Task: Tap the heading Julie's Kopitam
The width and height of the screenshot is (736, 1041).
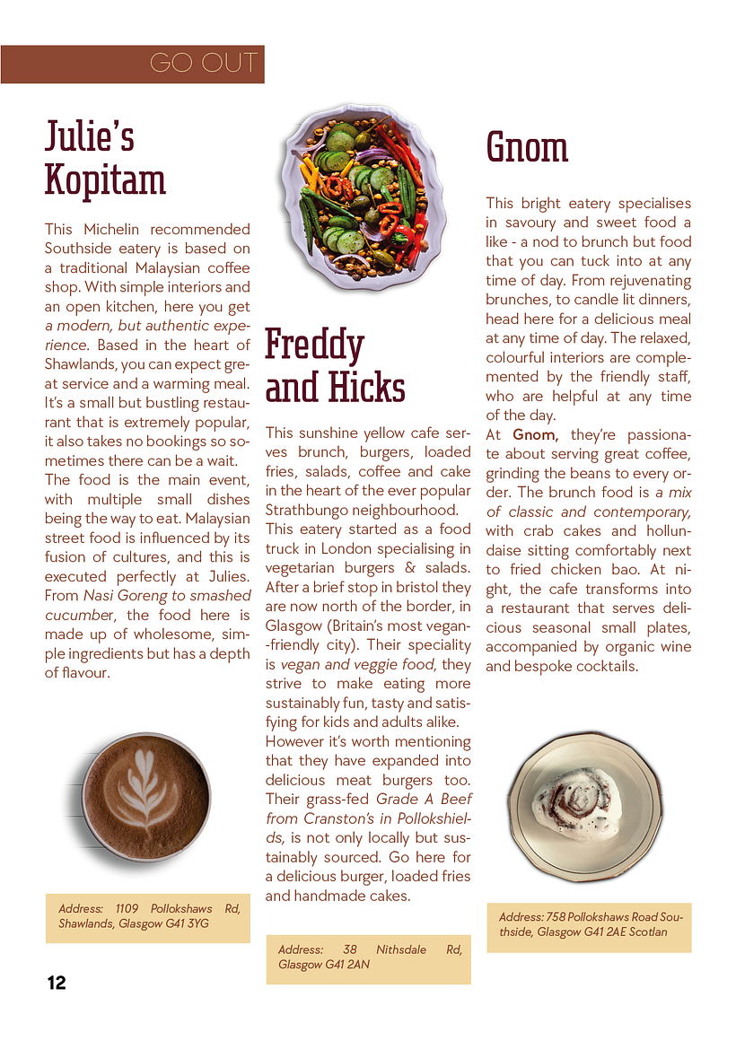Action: (x=105, y=160)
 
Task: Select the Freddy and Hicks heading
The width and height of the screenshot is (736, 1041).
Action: (x=335, y=367)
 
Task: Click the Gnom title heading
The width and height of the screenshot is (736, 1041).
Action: (x=527, y=147)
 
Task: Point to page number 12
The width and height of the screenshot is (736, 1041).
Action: (x=56, y=983)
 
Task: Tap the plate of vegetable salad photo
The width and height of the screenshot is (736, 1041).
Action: (x=363, y=196)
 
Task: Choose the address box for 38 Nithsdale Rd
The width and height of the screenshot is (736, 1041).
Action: (x=369, y=958)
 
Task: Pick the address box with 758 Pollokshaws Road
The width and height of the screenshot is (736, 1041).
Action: (x=589, y=925)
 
